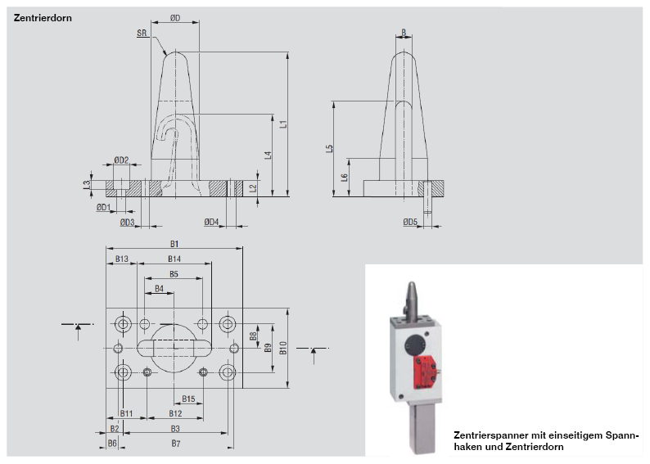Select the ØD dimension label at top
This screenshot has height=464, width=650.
175,18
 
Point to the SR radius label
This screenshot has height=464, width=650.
142,34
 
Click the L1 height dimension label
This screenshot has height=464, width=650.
282,124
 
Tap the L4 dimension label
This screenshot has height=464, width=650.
268,155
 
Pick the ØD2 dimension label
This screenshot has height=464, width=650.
120,160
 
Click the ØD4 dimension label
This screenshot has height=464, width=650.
211,222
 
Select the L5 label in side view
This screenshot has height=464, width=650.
328,149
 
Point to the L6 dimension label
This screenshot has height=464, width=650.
344,177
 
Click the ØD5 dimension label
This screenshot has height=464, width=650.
410,222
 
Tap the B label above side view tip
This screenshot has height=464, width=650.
404,33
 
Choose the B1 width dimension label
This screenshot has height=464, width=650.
174,243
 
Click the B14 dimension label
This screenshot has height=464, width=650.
174,259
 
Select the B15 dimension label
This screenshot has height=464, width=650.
188,399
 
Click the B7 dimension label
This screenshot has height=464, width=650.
174,443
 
